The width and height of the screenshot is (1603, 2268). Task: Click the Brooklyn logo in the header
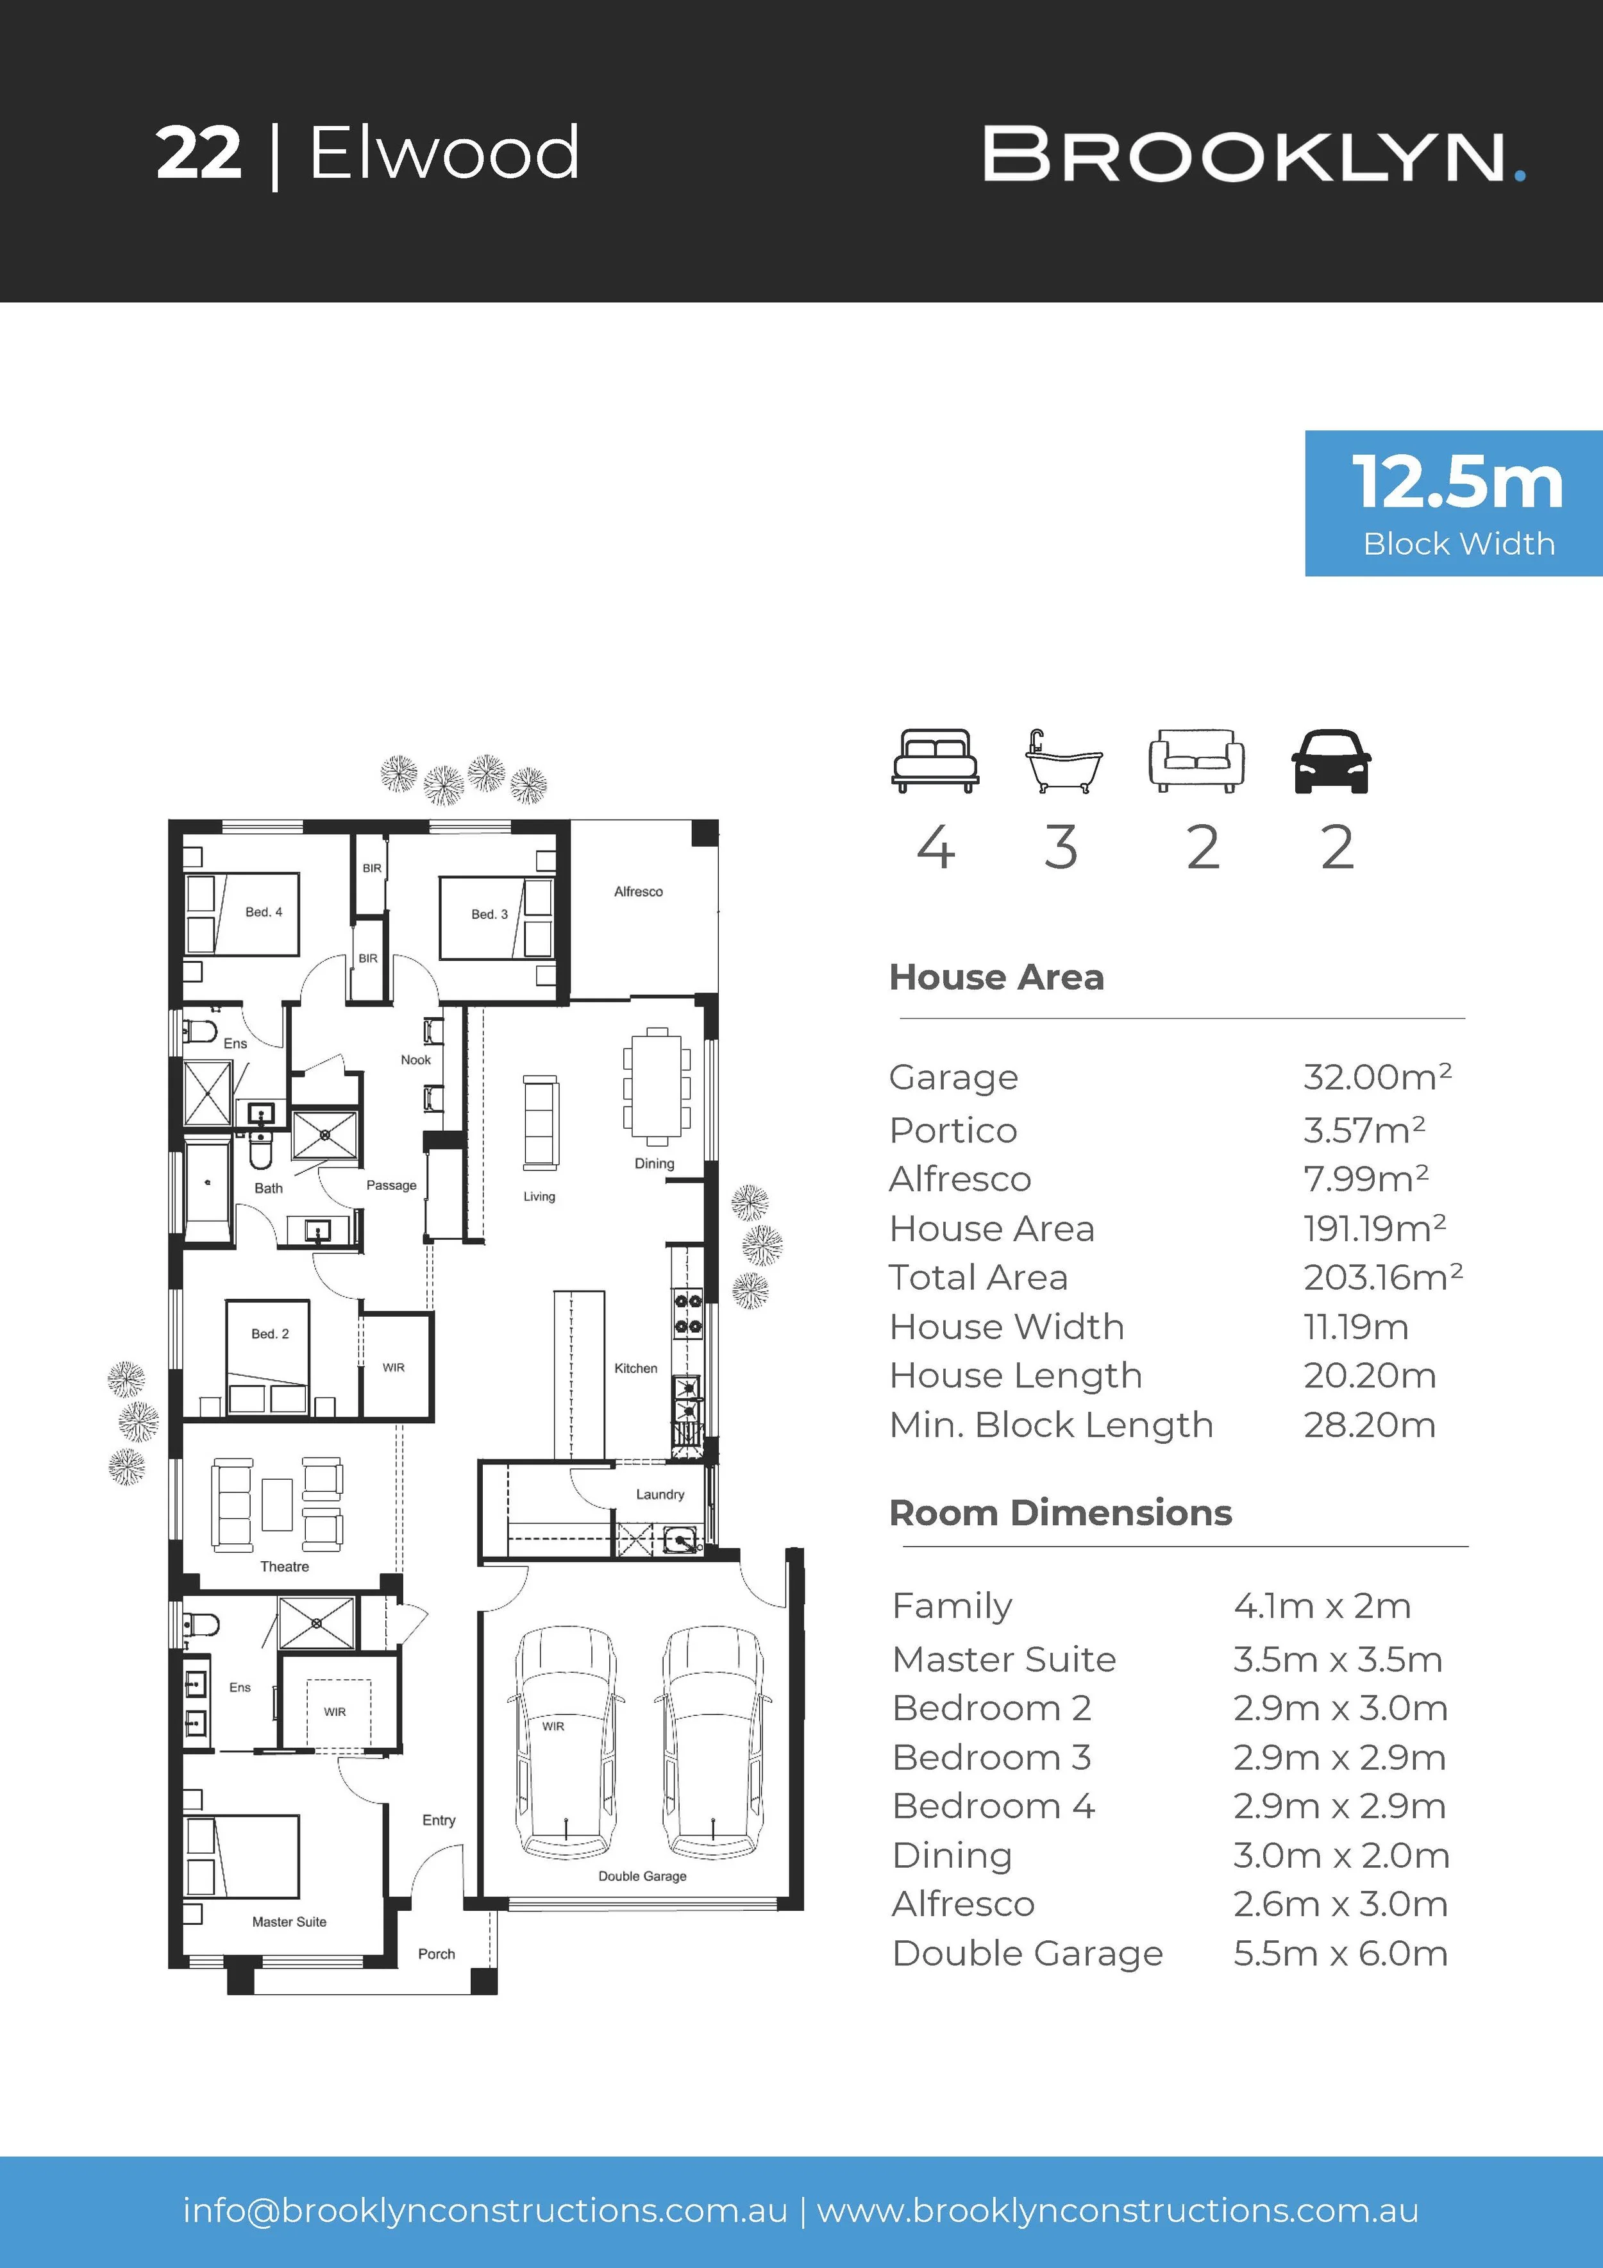pyautogui.click(x=1254, y=155)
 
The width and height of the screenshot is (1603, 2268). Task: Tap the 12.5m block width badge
pyautogui.click(x=1454, y=503)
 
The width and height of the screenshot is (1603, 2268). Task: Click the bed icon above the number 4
pyautogui.click(x=936, y=761)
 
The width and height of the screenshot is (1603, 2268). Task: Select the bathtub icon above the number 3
pyautogui.click(x=1062, y=761)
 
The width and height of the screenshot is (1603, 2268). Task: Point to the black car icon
pyautogui.click(x=1331, y=761)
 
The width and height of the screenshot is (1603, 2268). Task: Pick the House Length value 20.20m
pyautogui.click(x=1369, y=1375)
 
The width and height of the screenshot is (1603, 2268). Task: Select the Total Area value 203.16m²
pyautogui.click(x=1383, y=1276)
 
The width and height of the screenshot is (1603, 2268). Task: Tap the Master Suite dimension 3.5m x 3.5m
pyautogui.click(x=1338, y=1659)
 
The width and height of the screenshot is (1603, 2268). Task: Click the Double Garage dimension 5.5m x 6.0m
pyautogui.click(x=1340, y=1953)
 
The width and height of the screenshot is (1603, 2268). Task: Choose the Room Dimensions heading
pyautogui.click(x=1061, y=1512)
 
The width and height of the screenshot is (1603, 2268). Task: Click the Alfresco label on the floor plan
pyautogui.click(x=638, y=891)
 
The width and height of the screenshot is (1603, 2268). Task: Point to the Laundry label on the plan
pyautogui.click(x=660, y=1494)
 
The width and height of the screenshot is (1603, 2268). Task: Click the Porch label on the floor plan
pyautogui.click(x=437, y=1953)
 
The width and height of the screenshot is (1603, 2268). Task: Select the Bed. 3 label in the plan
pyautogui.click(x=489, y=914)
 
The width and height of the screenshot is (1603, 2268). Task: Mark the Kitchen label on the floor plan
pyautogui.click(x=635, y=1368)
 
